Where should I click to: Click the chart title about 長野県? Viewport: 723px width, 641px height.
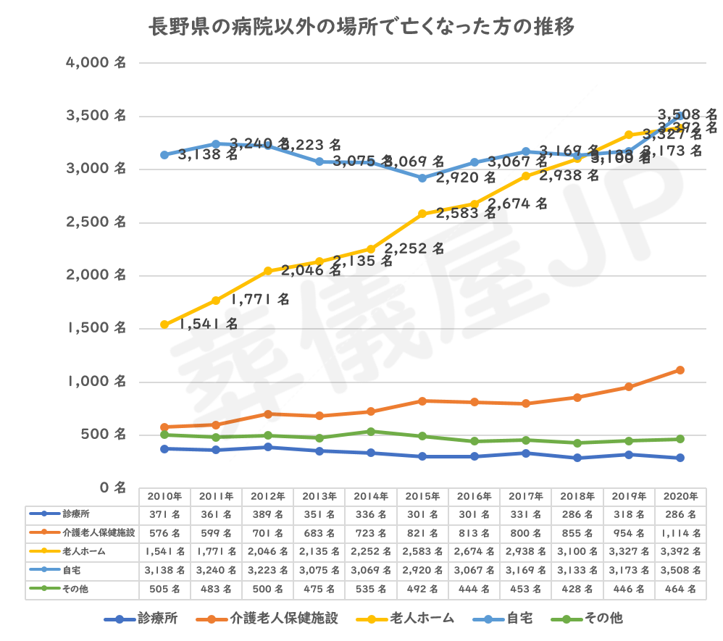click(x=361, y=28)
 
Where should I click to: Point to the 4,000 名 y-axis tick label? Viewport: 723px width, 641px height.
click(x=96, y=63)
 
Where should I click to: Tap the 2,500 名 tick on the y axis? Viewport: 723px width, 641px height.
click(x=96, y=222)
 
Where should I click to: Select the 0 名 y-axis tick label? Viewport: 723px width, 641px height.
click(x=112, y=487)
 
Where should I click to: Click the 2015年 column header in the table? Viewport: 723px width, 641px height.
click(x=422, y=497)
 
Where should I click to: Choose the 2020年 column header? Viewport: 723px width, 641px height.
click(x=680, y=497)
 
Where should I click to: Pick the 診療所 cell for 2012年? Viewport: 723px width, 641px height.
click(x=267, y=514)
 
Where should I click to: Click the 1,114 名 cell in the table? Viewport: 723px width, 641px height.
click(x=680, y=532)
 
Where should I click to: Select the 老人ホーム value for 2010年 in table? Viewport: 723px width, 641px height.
click(x=164, y=551)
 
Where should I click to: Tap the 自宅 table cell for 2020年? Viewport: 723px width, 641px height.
click(x=680, y=570)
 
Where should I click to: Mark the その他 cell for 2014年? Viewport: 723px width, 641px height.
click(x=371, y=589)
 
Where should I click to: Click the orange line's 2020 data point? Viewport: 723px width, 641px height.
click(x=680, y=370)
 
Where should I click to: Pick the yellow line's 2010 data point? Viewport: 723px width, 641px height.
click(x=164, y=324)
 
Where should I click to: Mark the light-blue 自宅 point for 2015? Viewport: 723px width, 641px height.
click(x=422, y=178)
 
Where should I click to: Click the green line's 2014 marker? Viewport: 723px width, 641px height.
click(x=371, y=432)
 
